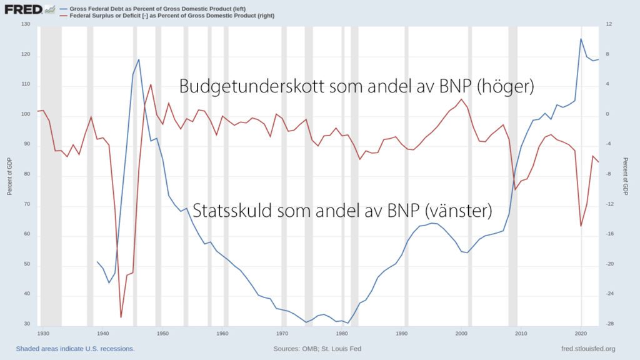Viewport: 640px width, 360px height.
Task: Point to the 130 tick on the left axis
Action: coord(25,24)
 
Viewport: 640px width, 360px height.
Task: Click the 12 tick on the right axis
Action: coord(608,24)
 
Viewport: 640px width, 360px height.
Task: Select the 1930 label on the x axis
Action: coord(43,334)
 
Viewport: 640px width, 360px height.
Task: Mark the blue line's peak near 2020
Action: coord(581,39)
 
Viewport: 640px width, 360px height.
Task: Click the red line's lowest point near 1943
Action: coord(121,317)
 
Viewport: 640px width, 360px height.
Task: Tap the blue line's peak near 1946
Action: coord(139,59)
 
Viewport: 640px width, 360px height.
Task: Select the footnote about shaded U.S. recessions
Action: coord(75,349)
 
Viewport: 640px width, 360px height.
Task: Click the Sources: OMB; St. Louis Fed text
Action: coord(317,349)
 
